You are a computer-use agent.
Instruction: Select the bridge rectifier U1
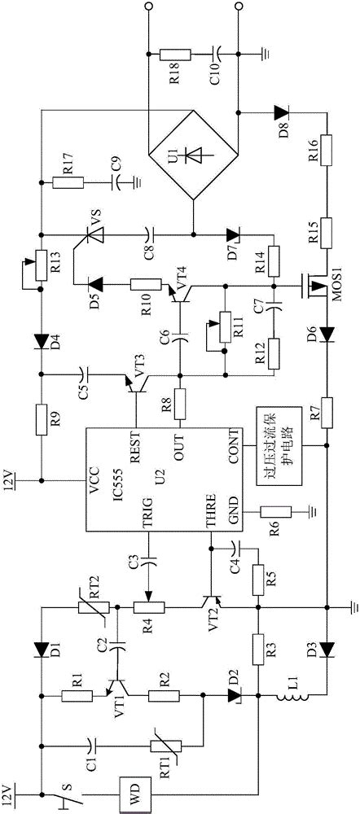coord(193,155)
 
